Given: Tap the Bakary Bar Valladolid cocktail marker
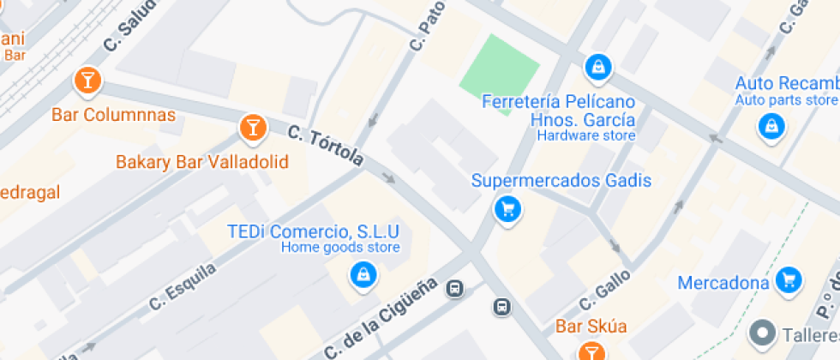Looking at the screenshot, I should click(251, 128).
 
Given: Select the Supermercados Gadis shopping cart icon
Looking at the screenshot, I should click(507, 208).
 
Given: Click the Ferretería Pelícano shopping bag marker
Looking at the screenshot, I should click(597, 65).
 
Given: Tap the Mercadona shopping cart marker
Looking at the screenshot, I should click(789, 279).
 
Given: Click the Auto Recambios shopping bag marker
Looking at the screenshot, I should click(771, 127).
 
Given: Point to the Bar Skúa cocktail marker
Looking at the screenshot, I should click(590, 351).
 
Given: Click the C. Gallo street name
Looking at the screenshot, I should click(605, 290).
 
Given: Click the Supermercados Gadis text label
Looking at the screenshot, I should click(561, 181).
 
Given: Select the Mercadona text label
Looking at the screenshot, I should click(722, 283).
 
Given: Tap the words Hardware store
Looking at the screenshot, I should click(585, 135).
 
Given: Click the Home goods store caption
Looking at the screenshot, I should click(340, 249).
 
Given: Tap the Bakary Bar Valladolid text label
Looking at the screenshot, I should click(201, 162).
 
